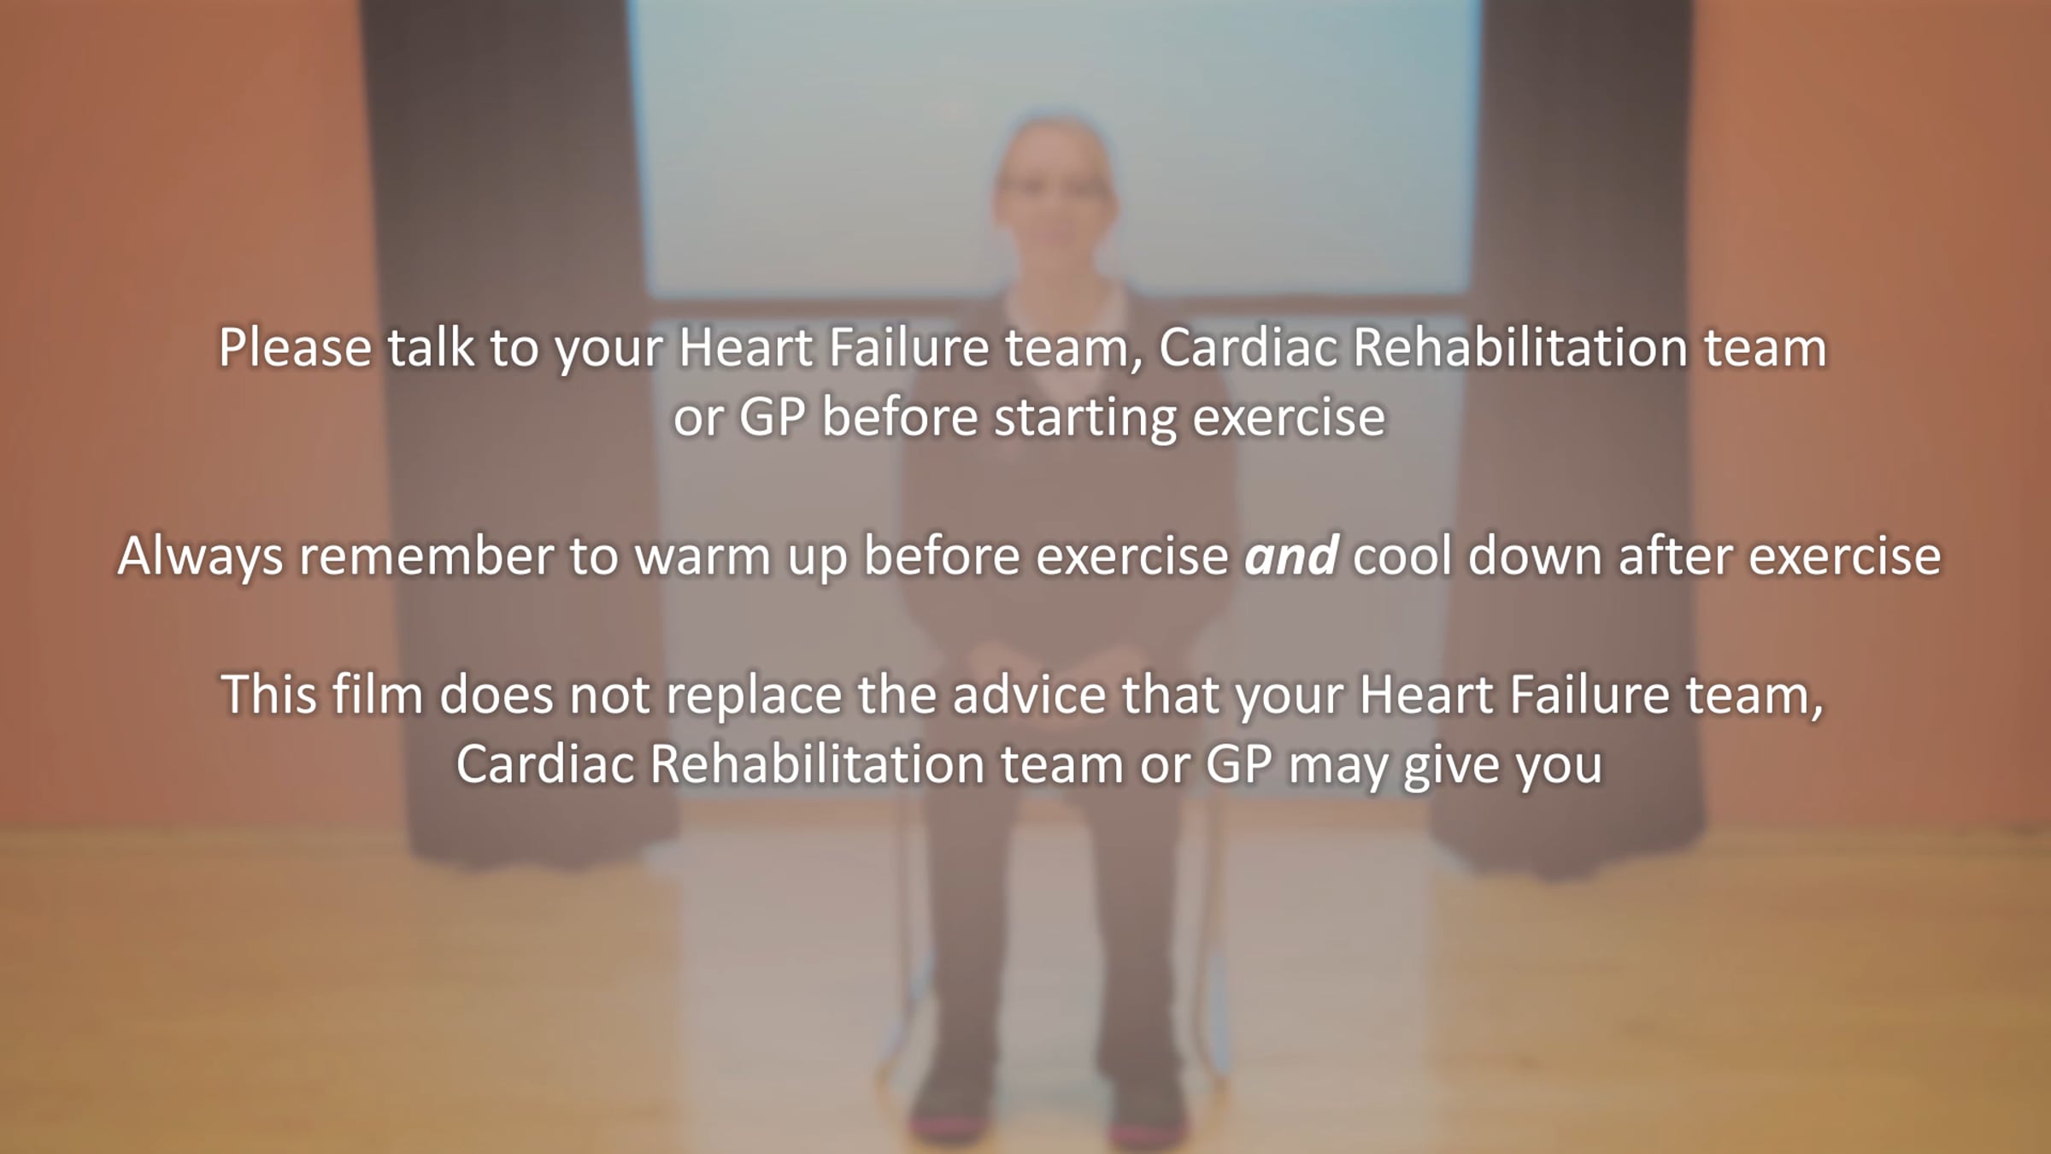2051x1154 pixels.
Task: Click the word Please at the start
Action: [295, 348]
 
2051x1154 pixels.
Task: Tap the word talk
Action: [431, 348]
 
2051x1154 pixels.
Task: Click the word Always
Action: [200, 557]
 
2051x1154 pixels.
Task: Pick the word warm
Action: [702, 557]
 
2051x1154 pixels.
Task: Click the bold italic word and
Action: [1290, 556]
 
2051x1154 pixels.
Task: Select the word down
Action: [1534, 556]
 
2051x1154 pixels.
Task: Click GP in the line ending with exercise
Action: [773, 418]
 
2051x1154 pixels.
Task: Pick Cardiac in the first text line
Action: [1248, 348]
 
